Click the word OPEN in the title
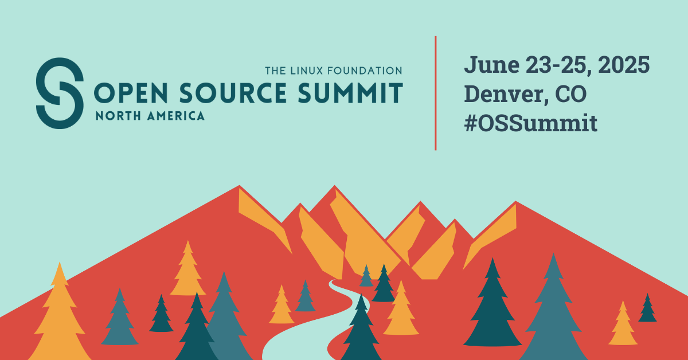(x=131, y=92)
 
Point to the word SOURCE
(x=233, y=92)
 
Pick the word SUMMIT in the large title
(x=350, y=92)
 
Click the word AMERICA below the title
(x=175, y=116)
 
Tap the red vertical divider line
(x=436, y=93)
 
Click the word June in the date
(x=492, y=65)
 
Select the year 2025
(x=624, y=65)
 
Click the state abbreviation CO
(x=571, y=94)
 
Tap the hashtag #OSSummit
(x=531, y=123)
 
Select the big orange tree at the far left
(x=60, y=314)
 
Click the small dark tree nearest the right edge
(x=647, y=308)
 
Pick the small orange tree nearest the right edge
(x=623, y=323)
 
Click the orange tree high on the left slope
(x=187, y=269)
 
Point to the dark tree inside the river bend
(x=361, y=328)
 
